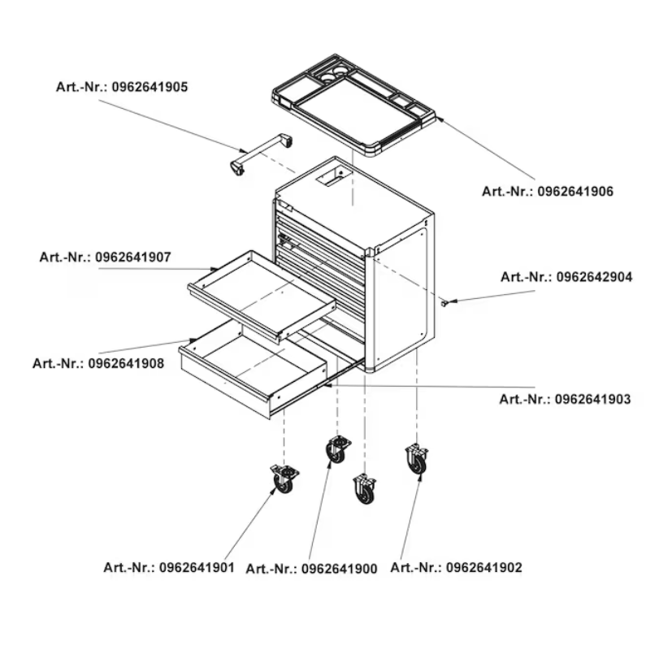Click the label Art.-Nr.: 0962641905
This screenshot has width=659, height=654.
point(121,87)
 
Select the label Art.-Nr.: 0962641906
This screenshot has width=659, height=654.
point(547,192)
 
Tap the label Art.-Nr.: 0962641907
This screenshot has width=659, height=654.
point(105,258)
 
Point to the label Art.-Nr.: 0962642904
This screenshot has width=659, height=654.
point(566,277)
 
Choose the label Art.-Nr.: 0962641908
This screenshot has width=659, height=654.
point(98,363)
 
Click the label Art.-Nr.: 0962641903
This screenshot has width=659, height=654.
point(565,399)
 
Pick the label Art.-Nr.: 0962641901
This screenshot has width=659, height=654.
point(169,567)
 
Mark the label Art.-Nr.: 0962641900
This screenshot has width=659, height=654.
point(311,570)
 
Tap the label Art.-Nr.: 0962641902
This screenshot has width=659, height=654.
point(456,567)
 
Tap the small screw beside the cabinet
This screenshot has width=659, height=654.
point(446,302)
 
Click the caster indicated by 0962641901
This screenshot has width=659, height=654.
point(284,479)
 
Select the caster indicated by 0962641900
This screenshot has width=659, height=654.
point(336,449)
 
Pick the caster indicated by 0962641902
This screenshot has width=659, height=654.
point(417,460)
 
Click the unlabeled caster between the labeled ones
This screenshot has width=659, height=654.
point(365,489)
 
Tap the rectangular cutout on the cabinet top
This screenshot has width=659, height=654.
point(334,176)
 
